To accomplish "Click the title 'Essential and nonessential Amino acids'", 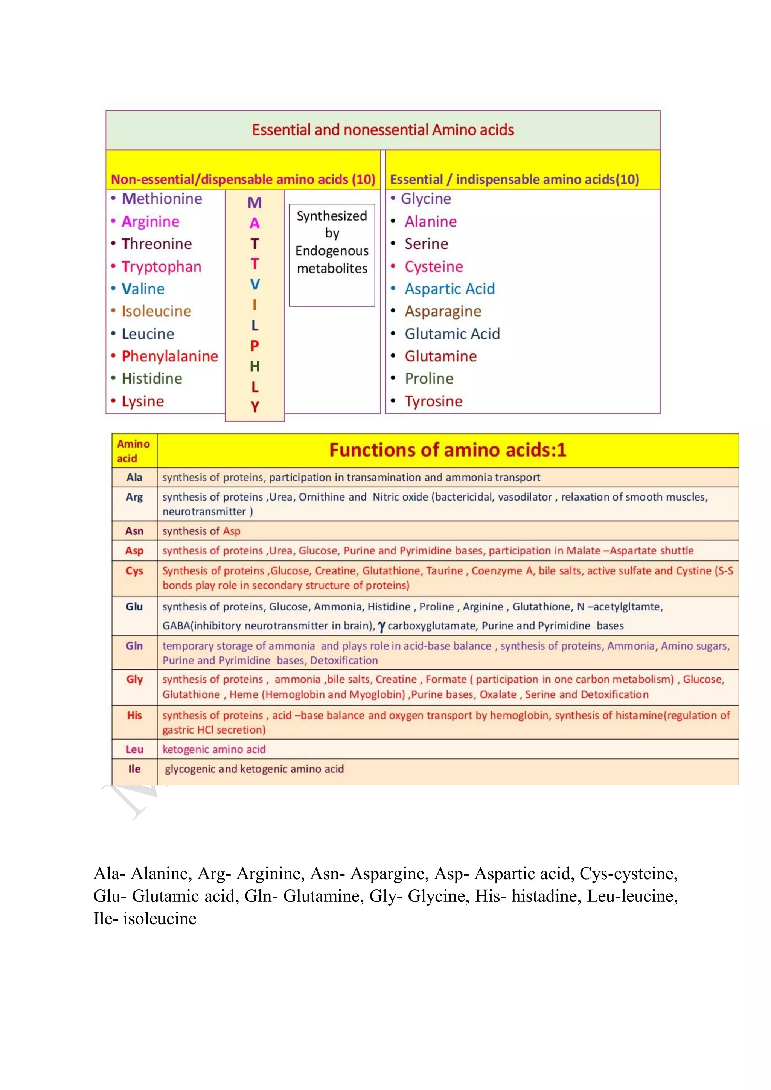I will click(382, 129).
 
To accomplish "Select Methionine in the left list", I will click(162, 198).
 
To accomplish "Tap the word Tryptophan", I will click(162, 266).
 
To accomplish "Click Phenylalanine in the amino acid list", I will click(169, 356).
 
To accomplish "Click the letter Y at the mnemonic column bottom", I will click(254, 407).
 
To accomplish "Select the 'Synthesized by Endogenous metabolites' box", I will click(332, 254).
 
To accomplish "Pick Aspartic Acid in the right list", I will click(449, 289).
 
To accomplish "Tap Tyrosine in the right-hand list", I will click(433, 401).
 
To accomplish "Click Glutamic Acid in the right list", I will click(452, 334).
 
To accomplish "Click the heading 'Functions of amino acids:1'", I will click(448, 449).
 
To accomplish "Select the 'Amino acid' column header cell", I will click(133, 451).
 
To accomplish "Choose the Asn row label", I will click(134, 531).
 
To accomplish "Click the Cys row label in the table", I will click(134, 571).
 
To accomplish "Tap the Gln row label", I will click(134, 645).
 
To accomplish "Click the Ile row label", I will click(134, 769).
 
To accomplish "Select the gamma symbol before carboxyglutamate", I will click(381, 627).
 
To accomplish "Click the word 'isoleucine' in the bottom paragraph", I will click(160, 918).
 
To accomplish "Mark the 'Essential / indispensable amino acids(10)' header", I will click(514, 180).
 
